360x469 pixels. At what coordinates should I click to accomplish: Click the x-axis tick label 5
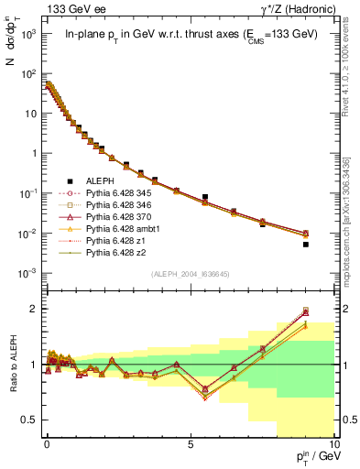[x=190, y=443]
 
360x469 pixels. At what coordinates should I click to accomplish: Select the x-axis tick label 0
[x=46, y=443]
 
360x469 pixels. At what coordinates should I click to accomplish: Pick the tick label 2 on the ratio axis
[x=36, y=309]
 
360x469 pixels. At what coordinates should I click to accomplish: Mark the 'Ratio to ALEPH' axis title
[x=12, y=365]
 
